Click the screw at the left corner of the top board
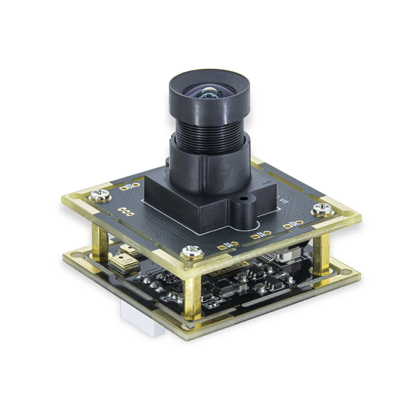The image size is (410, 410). (x=99, y=195)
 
